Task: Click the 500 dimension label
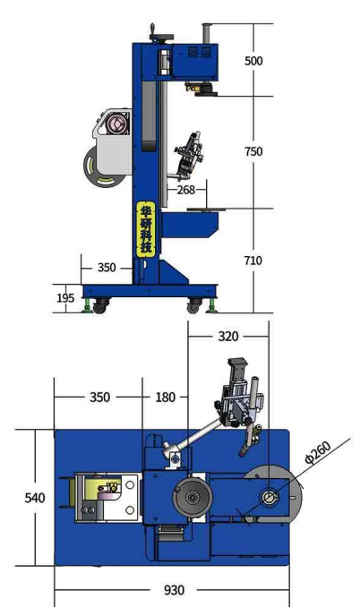pos(253,61)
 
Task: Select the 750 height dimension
pos(253,151)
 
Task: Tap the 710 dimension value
pos(253,261)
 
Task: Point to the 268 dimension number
pos(186,190)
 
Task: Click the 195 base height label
pos(65,298)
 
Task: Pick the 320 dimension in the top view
pos(228,337)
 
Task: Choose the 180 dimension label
pos(165,398)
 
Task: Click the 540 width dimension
pos(35,498)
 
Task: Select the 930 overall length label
pos(174,590)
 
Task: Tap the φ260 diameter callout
pos(318,453)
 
